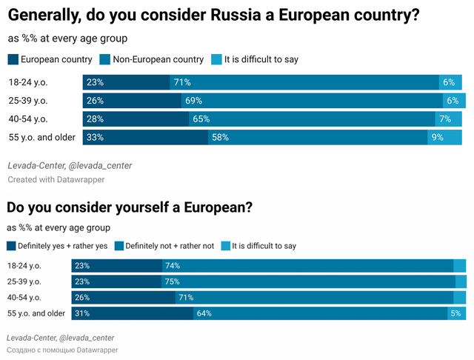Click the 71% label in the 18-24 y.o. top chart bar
tap(182, 82)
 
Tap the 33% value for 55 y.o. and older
tap(94, 137)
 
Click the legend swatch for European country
tap(13, 59)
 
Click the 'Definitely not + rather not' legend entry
tap(170, 245)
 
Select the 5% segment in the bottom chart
tap(455, 313)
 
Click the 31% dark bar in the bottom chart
tap(132, 313)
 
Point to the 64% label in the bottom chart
tap(204, 313)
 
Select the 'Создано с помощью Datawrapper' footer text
tap(62, 349)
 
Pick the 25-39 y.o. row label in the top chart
tap(29, 100)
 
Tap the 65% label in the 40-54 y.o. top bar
tap(201, 119)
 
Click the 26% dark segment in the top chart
tap(126, 101)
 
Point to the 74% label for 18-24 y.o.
tap(173, 266)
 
